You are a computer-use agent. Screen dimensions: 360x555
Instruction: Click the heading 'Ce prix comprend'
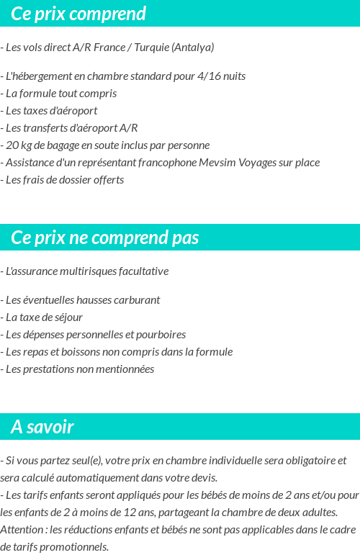(x=78, y=14)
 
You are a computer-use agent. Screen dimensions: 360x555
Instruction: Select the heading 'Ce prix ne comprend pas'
(x=105, y=238)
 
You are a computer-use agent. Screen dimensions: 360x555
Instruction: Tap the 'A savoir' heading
(x=42, y=427)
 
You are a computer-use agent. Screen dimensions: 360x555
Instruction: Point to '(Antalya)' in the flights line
(x=193, y=48)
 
